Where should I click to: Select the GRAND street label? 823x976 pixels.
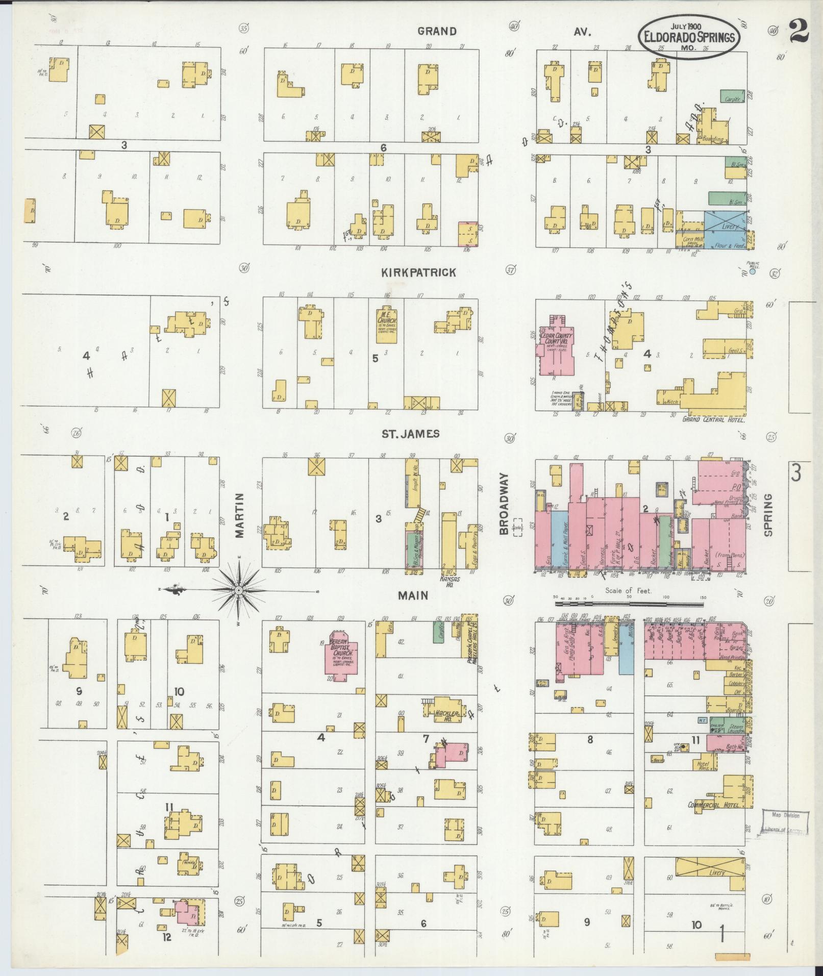(x=437, y=31)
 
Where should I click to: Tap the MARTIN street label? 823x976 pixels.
(x=241, y=515)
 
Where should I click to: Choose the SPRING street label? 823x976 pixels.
(x=768, y=515)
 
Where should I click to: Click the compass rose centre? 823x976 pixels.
(x=238, y=590)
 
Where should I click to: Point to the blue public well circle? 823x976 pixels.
(x=753, y=272)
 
